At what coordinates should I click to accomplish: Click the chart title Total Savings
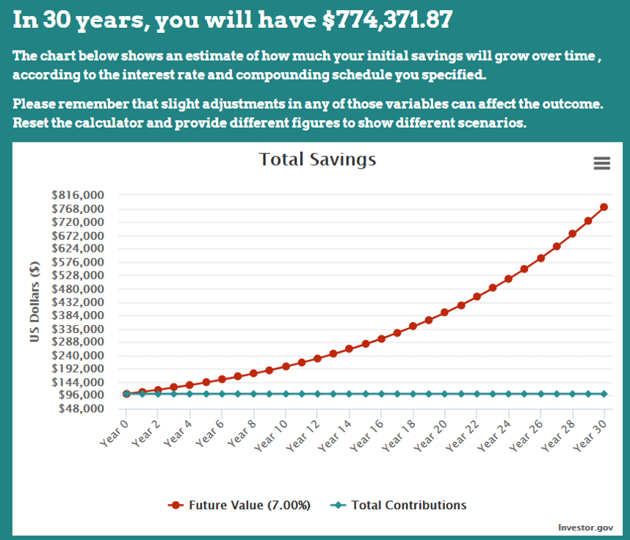[317, 160]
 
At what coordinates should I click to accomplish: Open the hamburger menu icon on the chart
[602, 163]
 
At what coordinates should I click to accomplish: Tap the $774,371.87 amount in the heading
[388, 19]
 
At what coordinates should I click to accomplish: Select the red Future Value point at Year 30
[604, 207]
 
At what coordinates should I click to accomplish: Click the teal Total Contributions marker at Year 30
[604, 394]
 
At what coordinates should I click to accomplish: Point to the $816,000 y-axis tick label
[78, 195]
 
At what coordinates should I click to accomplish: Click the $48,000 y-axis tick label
[82, 409]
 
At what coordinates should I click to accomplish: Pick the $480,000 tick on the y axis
[78, 289]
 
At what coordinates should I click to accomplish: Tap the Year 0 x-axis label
[114, 434]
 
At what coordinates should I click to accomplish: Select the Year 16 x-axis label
[366, 436]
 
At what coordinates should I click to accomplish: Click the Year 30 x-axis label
[590, 436]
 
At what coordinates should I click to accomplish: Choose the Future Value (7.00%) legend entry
[239, 505]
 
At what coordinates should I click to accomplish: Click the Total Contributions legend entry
[398, 505]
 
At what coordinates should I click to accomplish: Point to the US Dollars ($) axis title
[35, 302]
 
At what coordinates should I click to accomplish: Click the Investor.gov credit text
[585, 528]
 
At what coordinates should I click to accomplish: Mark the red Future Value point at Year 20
[445, 313]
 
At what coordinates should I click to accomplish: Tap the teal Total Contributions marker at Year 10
[286, 394]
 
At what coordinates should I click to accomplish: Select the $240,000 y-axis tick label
[78, 356]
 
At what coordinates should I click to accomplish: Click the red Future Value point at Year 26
[540, 258]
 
